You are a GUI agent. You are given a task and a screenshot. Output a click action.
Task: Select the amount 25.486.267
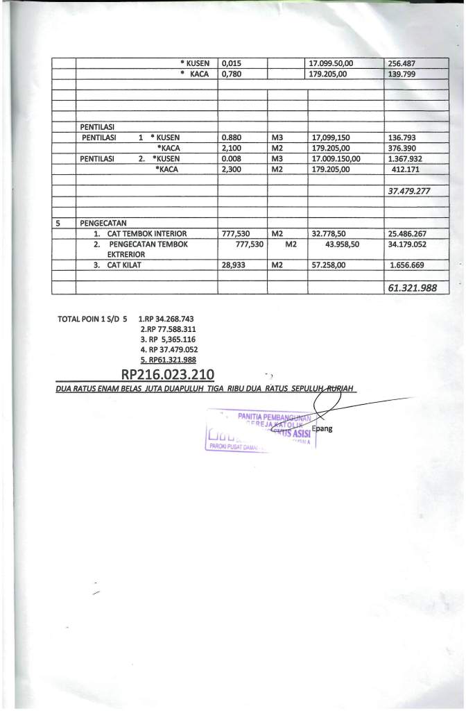pos(408,234)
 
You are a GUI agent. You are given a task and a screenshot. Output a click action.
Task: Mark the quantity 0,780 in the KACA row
pos(231,73)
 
